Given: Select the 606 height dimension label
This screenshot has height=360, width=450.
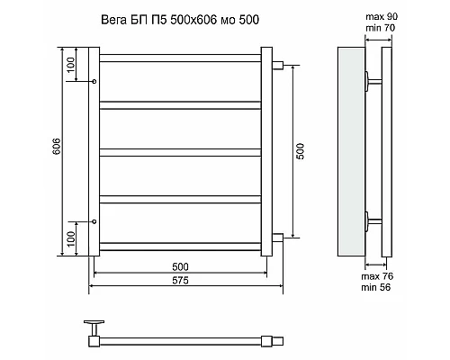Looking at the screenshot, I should tap(56, 148).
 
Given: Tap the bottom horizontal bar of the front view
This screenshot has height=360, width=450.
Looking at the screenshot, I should tap(180, 244).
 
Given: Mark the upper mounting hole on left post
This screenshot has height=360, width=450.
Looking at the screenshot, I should tap(94, 79).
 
